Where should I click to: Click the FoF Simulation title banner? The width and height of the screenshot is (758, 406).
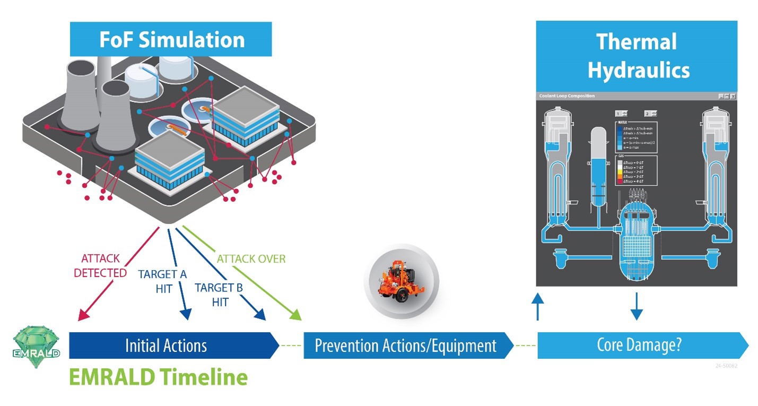pos(171,40)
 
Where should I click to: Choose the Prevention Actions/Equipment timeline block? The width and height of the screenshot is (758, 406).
pos(406,345)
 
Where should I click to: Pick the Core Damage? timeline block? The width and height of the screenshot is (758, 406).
pos(639,345)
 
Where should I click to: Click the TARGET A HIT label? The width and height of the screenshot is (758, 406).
pos(162,281)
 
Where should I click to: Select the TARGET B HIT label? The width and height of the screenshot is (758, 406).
pos(219,295)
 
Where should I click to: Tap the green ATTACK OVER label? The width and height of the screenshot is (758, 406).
pos(251,259)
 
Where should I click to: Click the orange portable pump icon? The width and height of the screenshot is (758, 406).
pos(401,279)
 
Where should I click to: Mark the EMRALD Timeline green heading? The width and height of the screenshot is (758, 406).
pos(159,377)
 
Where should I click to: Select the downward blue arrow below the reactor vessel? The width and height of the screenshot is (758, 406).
pos(637,307)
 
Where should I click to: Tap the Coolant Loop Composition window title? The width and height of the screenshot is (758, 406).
pos(567,96)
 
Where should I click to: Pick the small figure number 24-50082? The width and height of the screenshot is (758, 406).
pos(726,366)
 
